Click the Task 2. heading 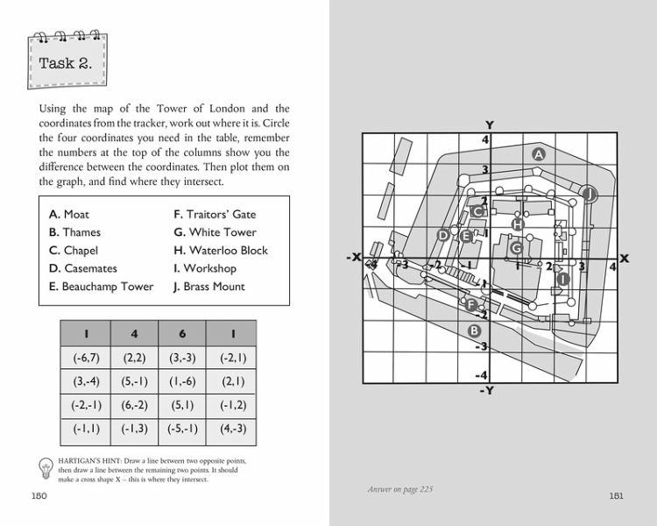(66, 63)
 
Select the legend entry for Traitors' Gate (215, 214)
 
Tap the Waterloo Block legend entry (221, 251)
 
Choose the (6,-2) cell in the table (134, 407)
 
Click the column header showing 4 (134, 333)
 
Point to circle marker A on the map (539, 153)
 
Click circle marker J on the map (590, 194)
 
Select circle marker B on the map (475, 331)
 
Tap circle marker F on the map (471, 305)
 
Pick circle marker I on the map (563, 279)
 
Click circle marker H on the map (517, 224)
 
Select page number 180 (39, 497)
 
